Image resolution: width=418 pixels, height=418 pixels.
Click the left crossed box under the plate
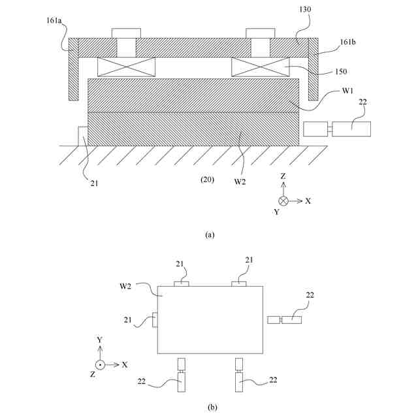pyautogui.click(x=126, y=66)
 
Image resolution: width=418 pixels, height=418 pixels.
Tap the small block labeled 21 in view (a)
pyautogui.click(x=83, y=136)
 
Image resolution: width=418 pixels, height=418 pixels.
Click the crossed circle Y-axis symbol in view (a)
pyautogui.click(x=283, y=201)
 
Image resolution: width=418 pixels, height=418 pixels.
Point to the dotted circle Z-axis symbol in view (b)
pyautogui.click(x=100, y=364)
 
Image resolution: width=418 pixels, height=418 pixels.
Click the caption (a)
pyautogui.click(x=209, y=234)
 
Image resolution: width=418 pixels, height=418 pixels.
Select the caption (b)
pyautogui.click(x=212, y=408)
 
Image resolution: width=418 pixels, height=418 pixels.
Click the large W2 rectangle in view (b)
pyautogui.click(x=209, y=320)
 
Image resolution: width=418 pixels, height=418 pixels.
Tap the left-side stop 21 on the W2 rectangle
pyautogui.click(x=154, y=320)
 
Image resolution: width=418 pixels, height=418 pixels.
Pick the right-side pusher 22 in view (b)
pyautogui.click(x=285, y=319)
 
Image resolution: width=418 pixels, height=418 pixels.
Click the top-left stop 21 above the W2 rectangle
pyautogui.click(x=181, y=283)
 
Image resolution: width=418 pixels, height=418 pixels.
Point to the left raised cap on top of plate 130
pyautogui.click(x=126, y=33)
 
